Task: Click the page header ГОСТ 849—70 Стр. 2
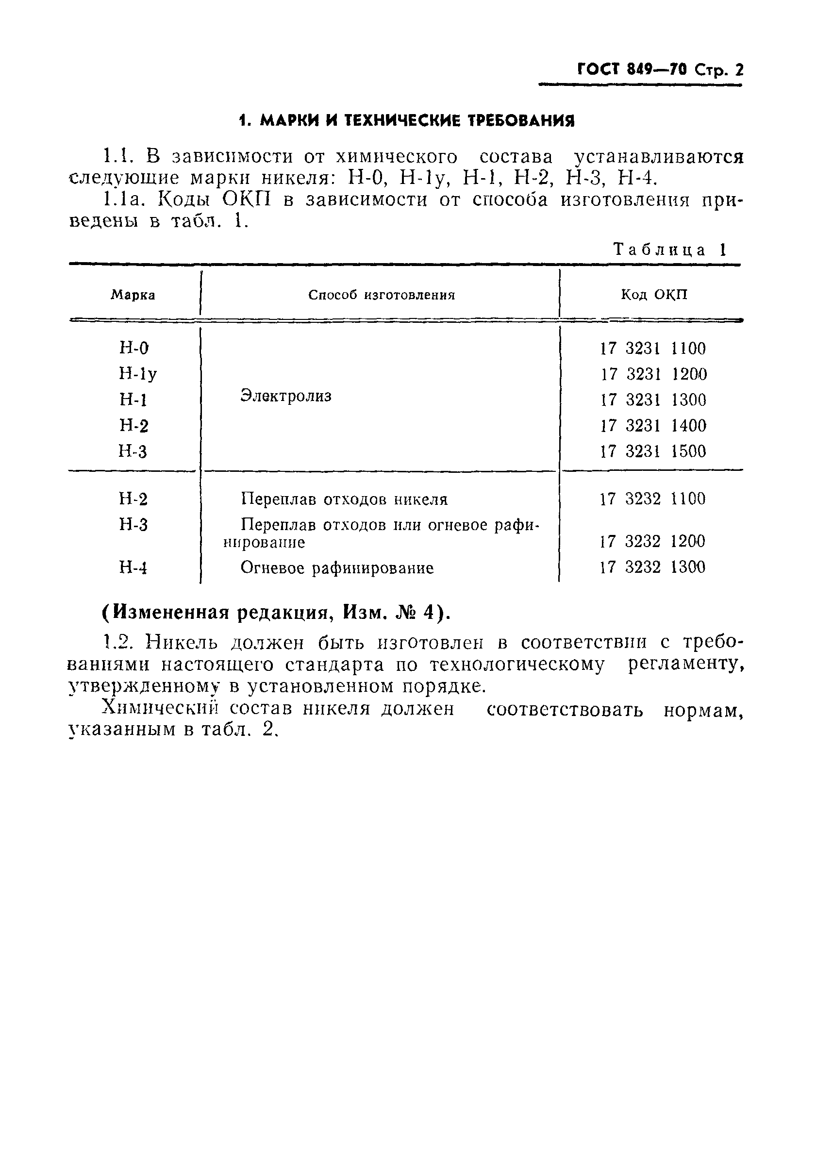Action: (660, 69)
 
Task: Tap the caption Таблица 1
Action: (670, 250)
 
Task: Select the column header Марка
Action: (133, 295)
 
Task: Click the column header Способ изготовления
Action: (381, 295)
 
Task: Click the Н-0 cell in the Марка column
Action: (134, 348)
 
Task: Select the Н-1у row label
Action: (137, 374)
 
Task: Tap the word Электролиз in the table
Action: (286, 396)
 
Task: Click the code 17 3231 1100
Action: (652, 349)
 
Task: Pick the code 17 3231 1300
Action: (652, 400)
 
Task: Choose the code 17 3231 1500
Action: (652, 451)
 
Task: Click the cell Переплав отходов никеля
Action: (344, 499)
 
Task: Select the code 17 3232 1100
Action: (652, 499)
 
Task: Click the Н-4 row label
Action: (133, 567)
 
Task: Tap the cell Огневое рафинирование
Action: (336, 568)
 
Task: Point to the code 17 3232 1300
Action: (652, 567)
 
